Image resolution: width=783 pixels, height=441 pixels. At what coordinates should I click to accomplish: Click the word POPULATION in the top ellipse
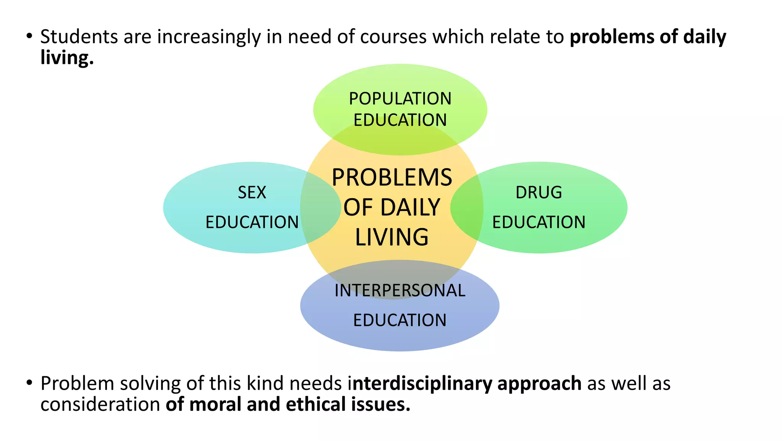pyautogui.click(x=400, y=99)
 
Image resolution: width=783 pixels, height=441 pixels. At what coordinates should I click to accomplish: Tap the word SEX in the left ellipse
pyautogui.click(x=252, y=192)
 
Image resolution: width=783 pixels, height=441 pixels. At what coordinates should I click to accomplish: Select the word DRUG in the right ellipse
pyautogui.click(x=539, y=192)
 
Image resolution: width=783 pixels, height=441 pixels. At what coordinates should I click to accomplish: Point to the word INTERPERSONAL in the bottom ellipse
pyautogui.click(x=400, y=291)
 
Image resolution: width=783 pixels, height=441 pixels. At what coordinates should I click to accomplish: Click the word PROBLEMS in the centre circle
pyautogui.click(x=392, y=178)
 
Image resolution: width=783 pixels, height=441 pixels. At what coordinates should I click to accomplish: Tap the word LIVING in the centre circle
pyautogui.click(x=392, y=237)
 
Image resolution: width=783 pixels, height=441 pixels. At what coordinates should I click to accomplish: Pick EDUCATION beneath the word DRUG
pyautogui.click(x=539, y=222)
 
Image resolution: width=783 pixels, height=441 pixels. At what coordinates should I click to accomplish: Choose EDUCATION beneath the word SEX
pyautogui.click(x=252, y=222)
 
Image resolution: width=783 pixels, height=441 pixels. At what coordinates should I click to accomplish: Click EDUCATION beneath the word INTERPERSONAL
pyautogui.click(x=400, y=320)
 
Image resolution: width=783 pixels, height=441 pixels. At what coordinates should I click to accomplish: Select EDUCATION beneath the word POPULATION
pyautogui.click(x=400, y=120)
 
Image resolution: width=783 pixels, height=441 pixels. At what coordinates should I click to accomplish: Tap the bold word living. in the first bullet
pyautogui.click(x=67, y=58)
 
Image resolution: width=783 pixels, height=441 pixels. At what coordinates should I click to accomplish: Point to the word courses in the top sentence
pyautogui.click(x=393, y=37)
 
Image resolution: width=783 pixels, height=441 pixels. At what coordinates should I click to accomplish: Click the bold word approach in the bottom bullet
pyautogui.click(x=539, y=384)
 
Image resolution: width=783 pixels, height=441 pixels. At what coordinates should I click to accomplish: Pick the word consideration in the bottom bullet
pyautogui.click(x=100, y=405)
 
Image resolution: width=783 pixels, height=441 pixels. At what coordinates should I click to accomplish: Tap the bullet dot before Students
pyautogui.click(x=29, y=36)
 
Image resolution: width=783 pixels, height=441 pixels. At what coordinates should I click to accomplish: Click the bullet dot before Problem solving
pyautogui.click(x=29, y=383)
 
